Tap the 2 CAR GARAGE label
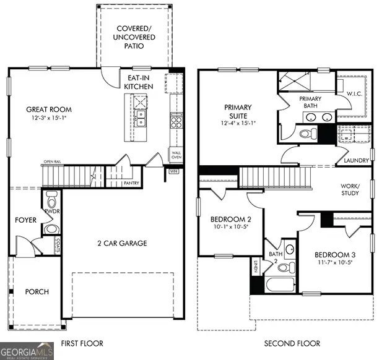pyautogui.click(x=121, y=243)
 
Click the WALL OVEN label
pyautogui.click(x=175, y=154)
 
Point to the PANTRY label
pyautogui.click(x=131, y=183)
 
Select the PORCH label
pyautogui.click(x=37, y=291)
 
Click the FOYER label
pyautogui.click(x=26, y=220)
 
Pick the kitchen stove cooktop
pyautogui.click(x=176, y=121)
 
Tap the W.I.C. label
pyautogui.click(x=354, y=94)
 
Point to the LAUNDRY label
pyautogui.click(x=357, y=161)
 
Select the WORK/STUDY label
pyautogui.click(x=350, y=189)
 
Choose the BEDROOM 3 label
pyautogui.click(x=336, y=255)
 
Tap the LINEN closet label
pyautogui.click(x=255, y=267)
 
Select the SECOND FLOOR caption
pyautogui.click(x=292, y=343)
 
